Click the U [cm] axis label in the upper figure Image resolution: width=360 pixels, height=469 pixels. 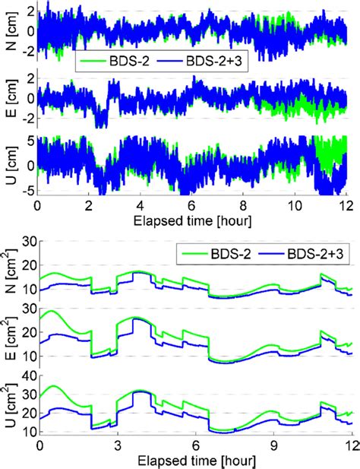pos(8,165)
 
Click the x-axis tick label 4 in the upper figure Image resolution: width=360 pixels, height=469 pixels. pos(140,205)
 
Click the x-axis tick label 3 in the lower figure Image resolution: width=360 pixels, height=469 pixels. pos(117,445)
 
